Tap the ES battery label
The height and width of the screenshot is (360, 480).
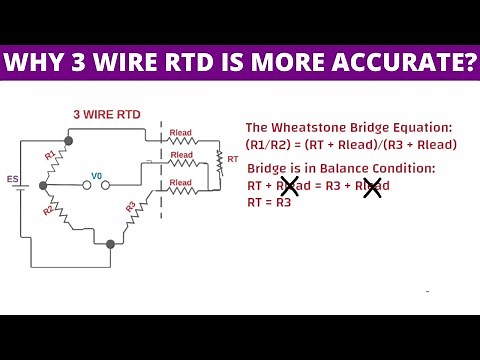[13, 181]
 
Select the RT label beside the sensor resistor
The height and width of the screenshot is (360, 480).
[234, 159]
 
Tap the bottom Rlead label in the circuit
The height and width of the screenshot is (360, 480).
[182, 183]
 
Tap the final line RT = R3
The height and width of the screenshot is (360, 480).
[269, 201]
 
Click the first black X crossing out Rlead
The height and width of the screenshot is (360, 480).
[289, 185]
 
